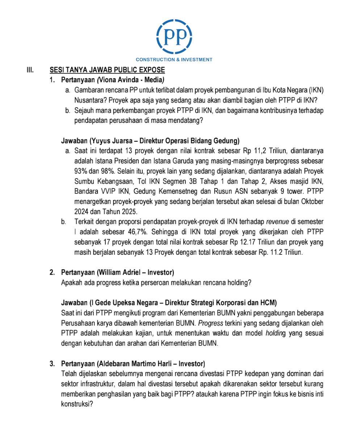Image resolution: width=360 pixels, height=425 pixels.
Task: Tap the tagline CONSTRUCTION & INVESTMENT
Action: click(174, 59)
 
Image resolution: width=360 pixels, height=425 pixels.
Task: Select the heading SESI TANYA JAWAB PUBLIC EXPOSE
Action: click(107, 70)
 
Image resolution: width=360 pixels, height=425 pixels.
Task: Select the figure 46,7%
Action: click(138, 232)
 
